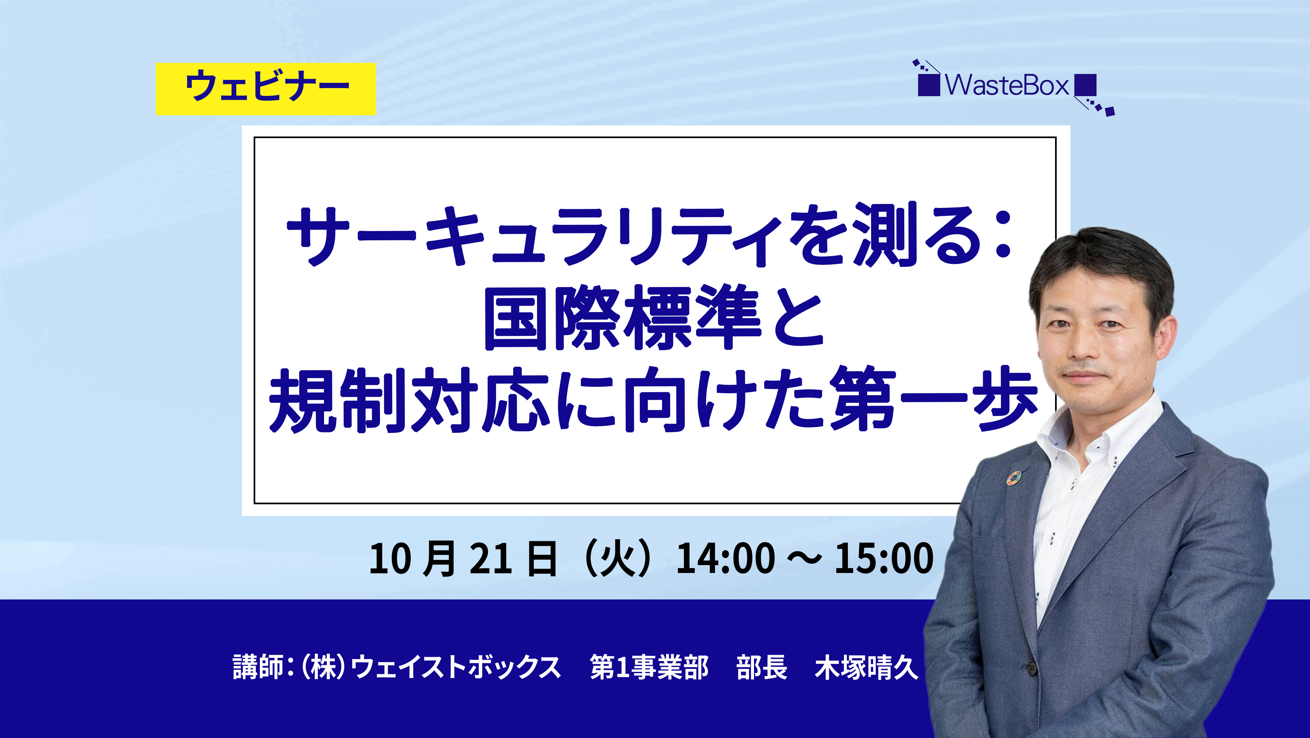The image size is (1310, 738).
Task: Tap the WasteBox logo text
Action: click(1007, 85)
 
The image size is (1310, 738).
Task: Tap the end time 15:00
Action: click(884, 558)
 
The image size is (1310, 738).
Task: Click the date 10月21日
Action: click(463, 558)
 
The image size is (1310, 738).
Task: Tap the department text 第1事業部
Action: click(649, 667)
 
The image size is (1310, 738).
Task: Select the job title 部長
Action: click(762, 667)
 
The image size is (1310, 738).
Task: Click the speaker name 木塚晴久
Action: click(867, 667)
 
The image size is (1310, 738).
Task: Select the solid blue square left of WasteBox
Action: click(929, 85)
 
